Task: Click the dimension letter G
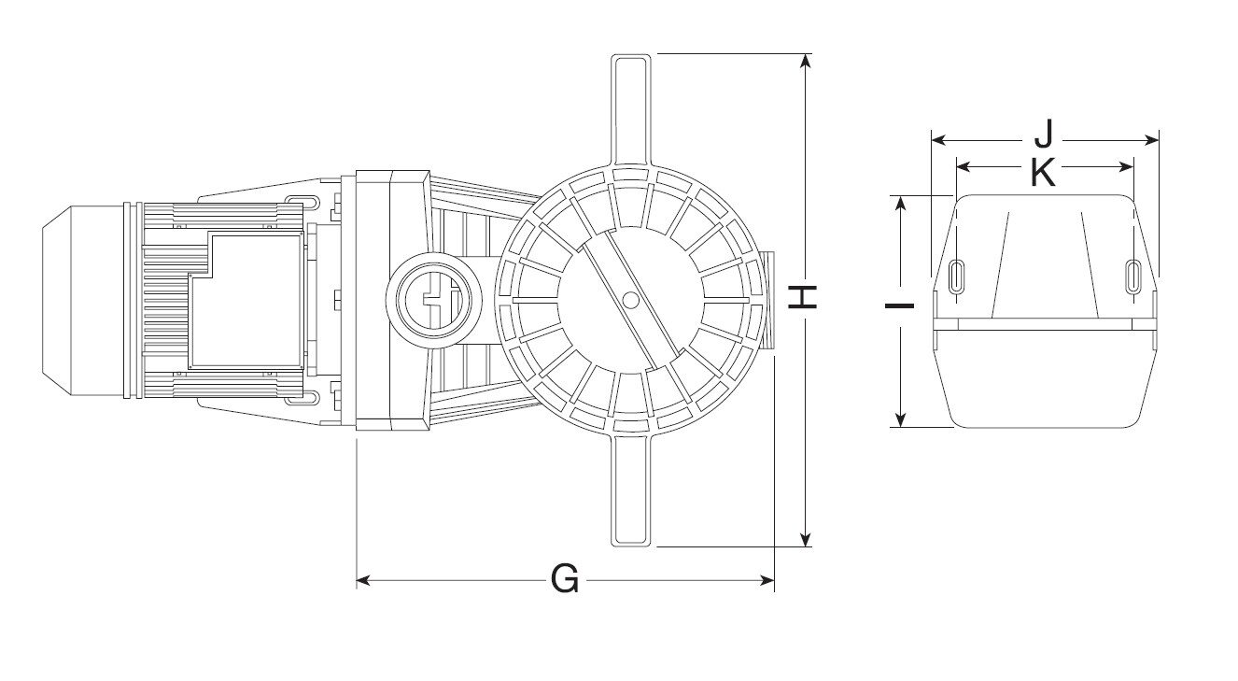[x=565, y=580]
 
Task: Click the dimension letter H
[x=804, y=297]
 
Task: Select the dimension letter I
[x=900, y=305]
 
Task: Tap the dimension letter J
[x=1044, y=136]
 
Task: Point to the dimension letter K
[x=1043, y=171]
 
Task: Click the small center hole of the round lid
[x=630, y=300]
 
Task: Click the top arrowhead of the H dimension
[x=807, y=61]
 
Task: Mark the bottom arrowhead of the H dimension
[x=807, y=540]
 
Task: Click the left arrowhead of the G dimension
[x=363, y=581]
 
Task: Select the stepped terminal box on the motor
[x=247, y=299]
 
